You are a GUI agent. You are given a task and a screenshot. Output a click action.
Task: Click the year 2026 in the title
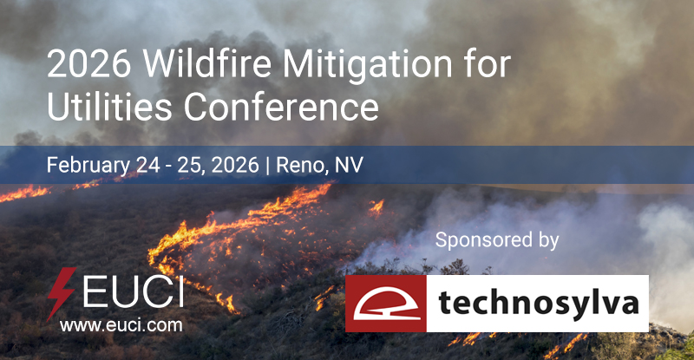click(82, 65)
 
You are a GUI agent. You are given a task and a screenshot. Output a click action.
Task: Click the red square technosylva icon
click(385, 304)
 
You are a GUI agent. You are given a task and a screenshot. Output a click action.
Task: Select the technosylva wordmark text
click(537, 304)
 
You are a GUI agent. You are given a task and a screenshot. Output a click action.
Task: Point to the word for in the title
click(488, 65)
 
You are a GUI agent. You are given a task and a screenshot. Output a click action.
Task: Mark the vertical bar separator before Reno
click(269, 165)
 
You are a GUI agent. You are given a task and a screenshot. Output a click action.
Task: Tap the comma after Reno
click(332, 171)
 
